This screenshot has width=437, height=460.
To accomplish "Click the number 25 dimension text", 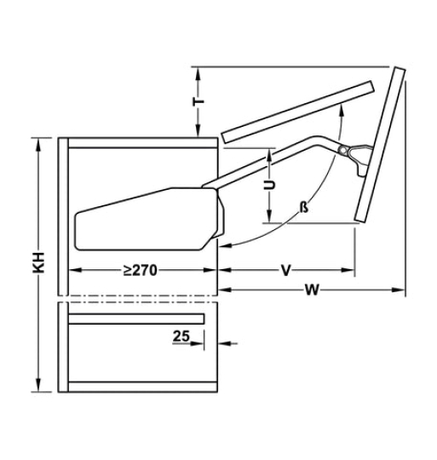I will coord(180,336).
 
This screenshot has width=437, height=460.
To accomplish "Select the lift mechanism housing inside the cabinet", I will coord(145,217).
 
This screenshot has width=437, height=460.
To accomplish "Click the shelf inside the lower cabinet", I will coord(136,319).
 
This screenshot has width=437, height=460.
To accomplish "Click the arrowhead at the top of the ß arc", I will coord(342,109).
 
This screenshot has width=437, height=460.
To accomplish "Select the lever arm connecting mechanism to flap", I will coord(273,158).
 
